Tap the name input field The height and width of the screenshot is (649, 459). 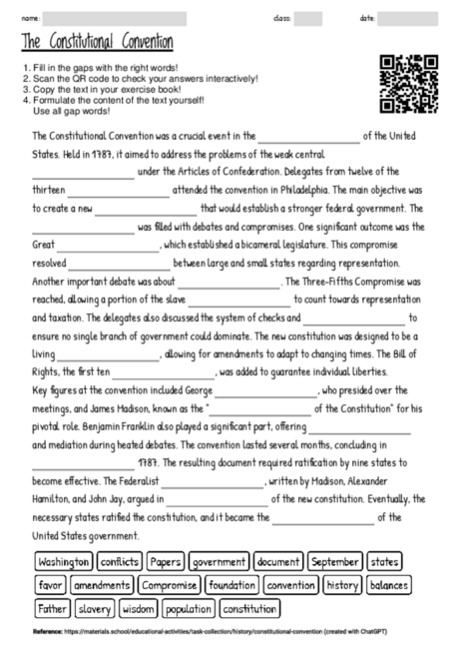[x=116, y=18]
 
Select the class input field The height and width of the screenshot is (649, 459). [x=307, y=18]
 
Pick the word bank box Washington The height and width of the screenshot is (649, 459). [x=63, y=562]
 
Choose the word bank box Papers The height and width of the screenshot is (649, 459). [x=167, y=562]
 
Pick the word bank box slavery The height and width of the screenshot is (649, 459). [x=94, y=607]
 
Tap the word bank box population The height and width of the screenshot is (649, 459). [x=189, y=607]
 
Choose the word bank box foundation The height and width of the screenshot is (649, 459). [x=233, y=584]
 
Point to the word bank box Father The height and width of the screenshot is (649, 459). [x=51, y=607]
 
